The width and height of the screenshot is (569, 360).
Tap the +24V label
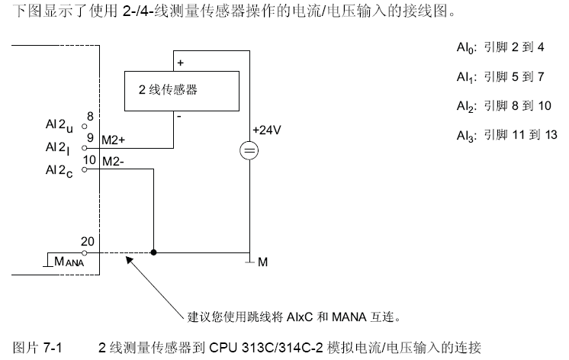267,130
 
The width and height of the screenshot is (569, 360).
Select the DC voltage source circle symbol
249,150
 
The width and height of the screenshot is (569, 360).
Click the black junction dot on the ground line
153,252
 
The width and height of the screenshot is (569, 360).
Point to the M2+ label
113,140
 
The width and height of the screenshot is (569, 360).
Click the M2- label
113,161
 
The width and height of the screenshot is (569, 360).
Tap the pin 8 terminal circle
85,127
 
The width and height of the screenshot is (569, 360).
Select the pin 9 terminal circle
85,148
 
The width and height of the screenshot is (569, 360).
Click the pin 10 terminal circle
85,169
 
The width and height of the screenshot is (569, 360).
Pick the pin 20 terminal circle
85,253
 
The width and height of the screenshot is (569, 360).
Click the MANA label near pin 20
69,262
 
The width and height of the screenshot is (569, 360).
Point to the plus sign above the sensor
180,63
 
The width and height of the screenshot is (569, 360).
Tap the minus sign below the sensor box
179,117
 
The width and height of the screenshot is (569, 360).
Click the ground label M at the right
262,262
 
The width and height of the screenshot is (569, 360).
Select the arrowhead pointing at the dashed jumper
129,260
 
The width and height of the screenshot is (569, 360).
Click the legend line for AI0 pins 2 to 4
500,47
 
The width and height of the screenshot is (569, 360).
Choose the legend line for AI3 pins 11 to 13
507,135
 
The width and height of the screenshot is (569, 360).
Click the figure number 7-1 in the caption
53,348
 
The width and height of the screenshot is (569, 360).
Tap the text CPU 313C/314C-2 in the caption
266,348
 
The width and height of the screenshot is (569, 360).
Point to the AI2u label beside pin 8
59,126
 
